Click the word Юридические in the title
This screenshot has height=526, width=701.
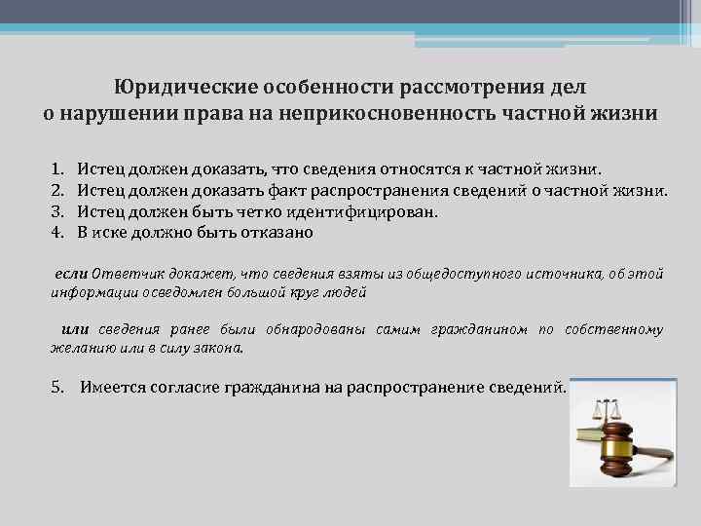(176, 88)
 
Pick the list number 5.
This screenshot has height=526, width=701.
(57, 387)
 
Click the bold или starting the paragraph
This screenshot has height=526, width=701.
(75, 330)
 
